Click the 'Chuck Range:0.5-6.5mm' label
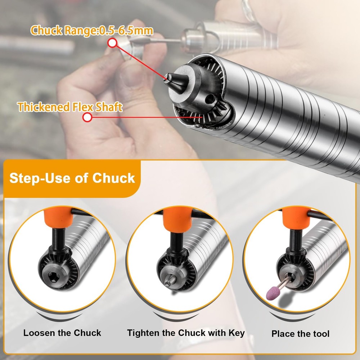coord(92,31)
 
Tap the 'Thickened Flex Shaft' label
coord(70,107)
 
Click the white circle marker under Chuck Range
coord(112,43)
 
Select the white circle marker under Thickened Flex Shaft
coord(87,117)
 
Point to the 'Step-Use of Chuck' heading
coord(72,178)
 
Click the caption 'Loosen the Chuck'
coord(62,333)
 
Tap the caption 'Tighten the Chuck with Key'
coord(186,333)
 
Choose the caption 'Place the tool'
coord(300,334)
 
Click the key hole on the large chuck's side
coord(209,99)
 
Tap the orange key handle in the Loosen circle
coord(58,216)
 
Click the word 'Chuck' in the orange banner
coord(114,178)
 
